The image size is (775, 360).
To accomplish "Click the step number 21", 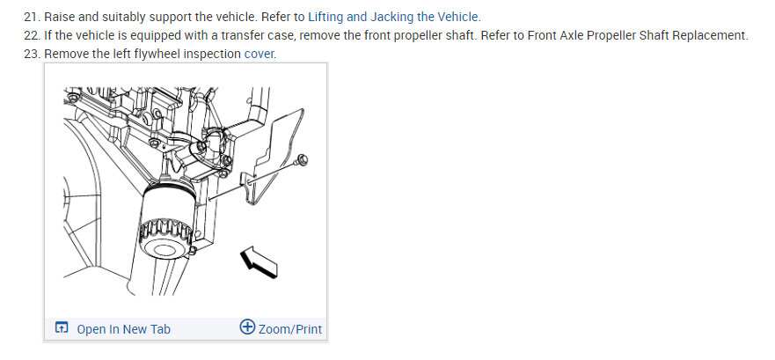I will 33,18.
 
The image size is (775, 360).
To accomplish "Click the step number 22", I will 33,36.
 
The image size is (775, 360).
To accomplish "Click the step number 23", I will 33,55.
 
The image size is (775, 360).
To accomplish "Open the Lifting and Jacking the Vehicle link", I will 393,18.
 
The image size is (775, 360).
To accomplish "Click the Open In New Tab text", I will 123,329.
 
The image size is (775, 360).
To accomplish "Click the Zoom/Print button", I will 289,329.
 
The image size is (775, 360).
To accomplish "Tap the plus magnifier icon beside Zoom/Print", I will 247,328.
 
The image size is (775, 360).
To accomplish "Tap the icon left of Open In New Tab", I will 62,329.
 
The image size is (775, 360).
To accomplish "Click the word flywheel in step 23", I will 150,55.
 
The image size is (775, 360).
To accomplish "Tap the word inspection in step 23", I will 211,55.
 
